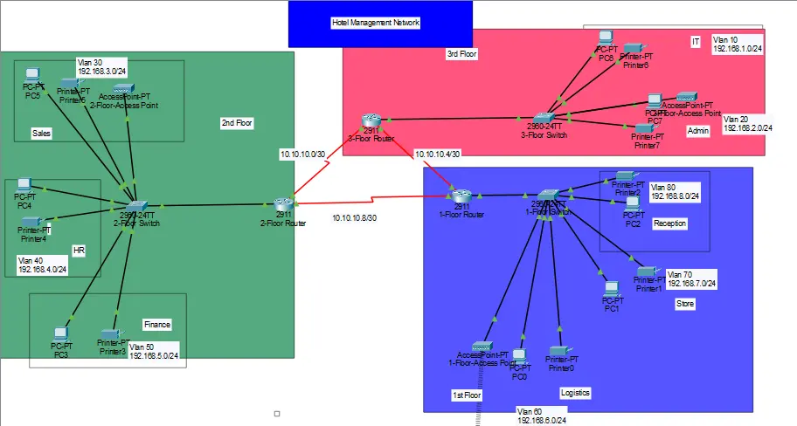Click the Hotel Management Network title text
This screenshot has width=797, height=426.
[x=376, y=23]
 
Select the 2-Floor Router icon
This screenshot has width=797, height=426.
[x=281, y=203]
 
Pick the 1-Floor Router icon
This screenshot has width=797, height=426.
[x=461, y=196]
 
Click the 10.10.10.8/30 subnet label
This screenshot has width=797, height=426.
[x=354, y=218]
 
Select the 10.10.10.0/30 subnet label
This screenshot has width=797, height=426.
[x=301, y=154]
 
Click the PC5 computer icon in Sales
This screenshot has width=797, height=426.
[x=32, y=76]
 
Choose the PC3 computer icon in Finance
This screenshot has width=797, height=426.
[x=60, y=335]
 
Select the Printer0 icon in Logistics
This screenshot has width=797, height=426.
[x=561, y=349]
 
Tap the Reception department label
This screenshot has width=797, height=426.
[x=670, y=223]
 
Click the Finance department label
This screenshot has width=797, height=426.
[x=157, y=325]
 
